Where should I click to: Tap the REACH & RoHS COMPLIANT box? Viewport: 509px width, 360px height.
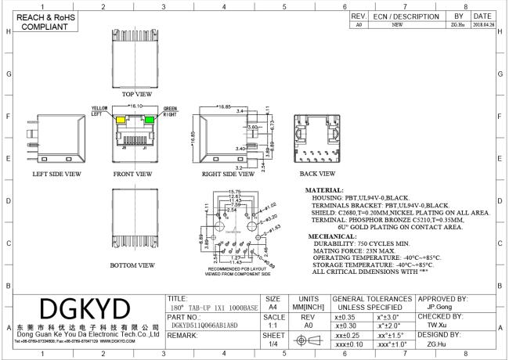42,20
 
